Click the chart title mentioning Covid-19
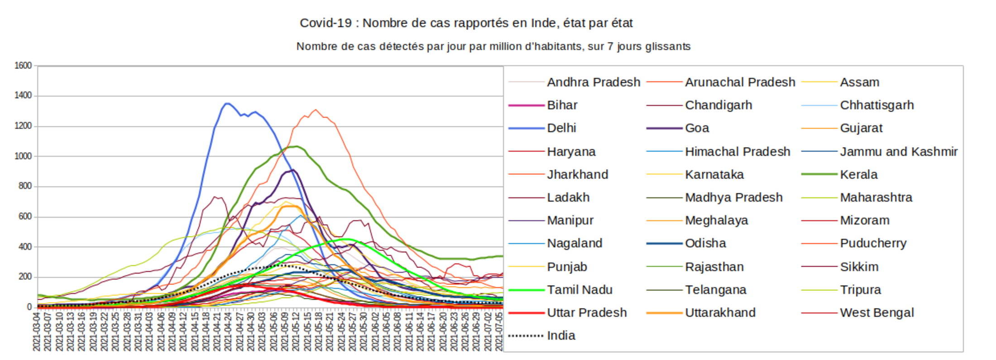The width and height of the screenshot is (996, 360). coord(466,23)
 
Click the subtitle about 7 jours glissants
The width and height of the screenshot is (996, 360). coord(493,47)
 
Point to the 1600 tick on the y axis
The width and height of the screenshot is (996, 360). coord(23,66)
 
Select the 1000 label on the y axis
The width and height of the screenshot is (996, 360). coord(23,156)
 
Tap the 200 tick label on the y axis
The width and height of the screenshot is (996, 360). coord(25,277)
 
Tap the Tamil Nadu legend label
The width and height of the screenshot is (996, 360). coord(579,290)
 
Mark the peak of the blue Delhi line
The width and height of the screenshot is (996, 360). coord(227,104)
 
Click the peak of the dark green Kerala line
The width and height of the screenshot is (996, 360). coord(296,146)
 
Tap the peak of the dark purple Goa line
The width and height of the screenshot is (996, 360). coord(293,170)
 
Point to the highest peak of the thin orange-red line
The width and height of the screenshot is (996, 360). coord(316,110)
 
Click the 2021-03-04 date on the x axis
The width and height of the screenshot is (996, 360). coord(37,331)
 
